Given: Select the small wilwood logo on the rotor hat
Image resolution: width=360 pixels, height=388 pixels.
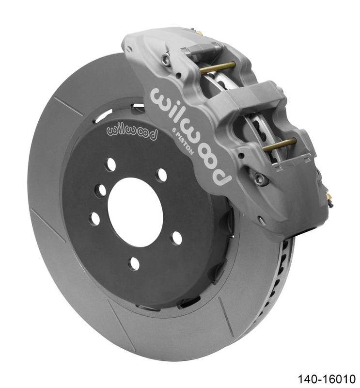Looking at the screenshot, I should [x=132, y=131].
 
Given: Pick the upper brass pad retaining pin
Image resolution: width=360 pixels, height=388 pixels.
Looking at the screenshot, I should [x=217, y=68].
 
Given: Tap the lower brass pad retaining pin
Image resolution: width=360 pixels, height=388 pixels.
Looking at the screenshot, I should [x=280, y=144].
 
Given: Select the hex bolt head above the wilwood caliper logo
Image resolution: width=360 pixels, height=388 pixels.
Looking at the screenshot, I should [x=166, y=60].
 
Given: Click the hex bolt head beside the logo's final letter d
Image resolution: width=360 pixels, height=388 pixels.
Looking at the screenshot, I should [x=262, y=179].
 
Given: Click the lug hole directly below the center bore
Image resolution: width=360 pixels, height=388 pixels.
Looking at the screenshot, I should [x=134, y=263].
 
